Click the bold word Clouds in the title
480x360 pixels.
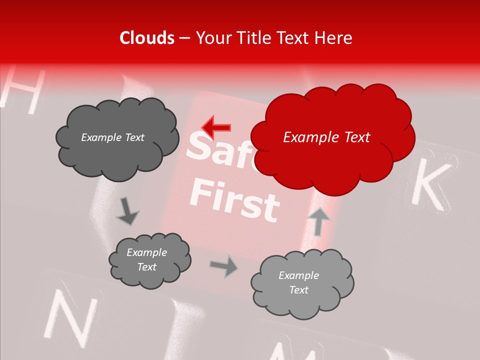147,38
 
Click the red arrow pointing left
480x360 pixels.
215,128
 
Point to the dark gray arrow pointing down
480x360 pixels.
127,211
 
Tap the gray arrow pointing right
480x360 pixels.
224,266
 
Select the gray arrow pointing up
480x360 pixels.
318,221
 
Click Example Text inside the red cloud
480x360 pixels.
326,137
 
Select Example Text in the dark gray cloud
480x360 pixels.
112,137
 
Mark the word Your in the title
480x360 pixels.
211,38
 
